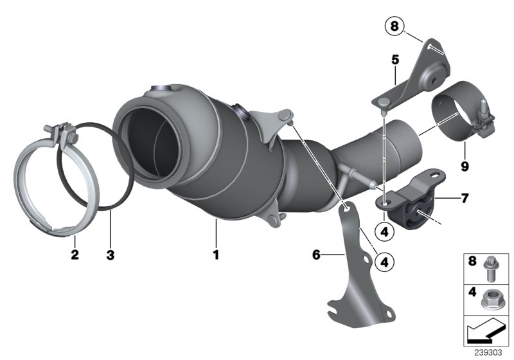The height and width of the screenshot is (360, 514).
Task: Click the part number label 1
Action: click(216, 255)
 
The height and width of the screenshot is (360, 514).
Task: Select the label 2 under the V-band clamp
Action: click(75, 255)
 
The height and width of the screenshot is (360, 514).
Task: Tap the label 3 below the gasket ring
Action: click(110, 255)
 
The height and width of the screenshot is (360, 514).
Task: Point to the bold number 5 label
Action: click(394, 60)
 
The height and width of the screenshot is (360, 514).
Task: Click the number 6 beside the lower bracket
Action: click(315, 255)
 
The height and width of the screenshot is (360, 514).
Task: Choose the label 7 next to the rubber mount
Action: click(464, 199)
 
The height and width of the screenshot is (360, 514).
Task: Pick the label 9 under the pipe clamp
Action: click(464, 166)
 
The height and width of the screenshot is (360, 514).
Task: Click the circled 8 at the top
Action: click(393, 26)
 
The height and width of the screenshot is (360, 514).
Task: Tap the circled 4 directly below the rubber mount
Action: click(384, 230)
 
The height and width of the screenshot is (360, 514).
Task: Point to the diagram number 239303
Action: click(491, 352)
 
